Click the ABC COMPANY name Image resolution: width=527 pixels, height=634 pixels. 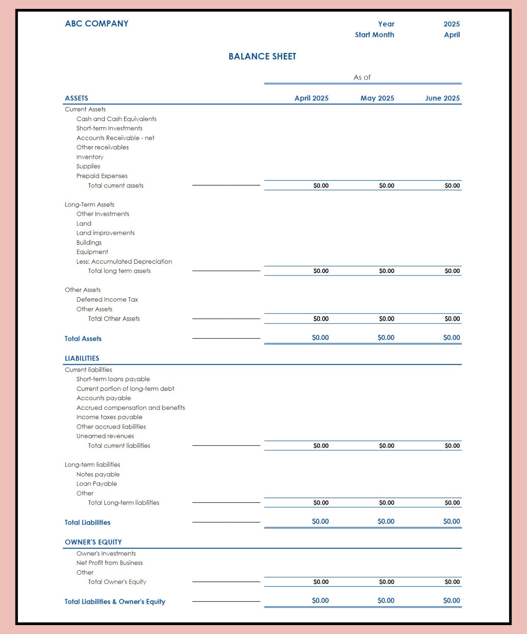[97, 24]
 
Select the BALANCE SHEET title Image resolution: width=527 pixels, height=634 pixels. [262, 56]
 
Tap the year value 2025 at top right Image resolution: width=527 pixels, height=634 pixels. [451, 24]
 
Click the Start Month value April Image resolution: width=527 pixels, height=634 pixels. [452, 35]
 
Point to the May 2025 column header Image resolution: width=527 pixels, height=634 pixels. [377, 98]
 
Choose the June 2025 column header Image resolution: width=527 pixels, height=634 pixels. [442, 98]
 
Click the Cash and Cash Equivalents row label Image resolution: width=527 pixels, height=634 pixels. [116, 119]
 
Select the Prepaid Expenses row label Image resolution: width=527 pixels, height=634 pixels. [102, 176]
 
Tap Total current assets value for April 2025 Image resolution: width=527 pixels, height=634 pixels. [321, 186]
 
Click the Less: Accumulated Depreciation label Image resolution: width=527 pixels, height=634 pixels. [124, 262]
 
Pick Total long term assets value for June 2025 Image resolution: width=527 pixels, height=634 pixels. [452, 271]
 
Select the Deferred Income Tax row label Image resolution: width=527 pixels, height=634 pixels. [107, 300]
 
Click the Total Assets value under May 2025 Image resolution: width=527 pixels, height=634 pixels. [386, 337]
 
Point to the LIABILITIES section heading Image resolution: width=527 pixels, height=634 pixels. [82, 358]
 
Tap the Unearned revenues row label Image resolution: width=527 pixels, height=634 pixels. [105, 436]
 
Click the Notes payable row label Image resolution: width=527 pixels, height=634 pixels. [98, 474]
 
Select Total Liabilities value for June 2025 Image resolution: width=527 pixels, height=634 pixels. [451, 522]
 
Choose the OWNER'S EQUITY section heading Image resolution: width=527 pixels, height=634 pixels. [93, 542]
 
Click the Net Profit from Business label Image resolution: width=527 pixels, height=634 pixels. [109, 563]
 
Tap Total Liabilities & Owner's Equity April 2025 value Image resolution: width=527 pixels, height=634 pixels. [320, 601]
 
